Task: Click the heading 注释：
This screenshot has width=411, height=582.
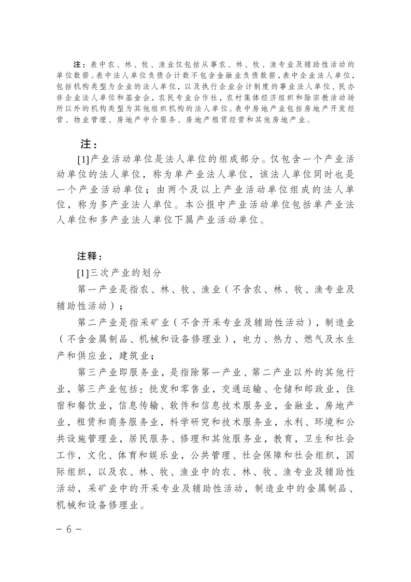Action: pos(89,256)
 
